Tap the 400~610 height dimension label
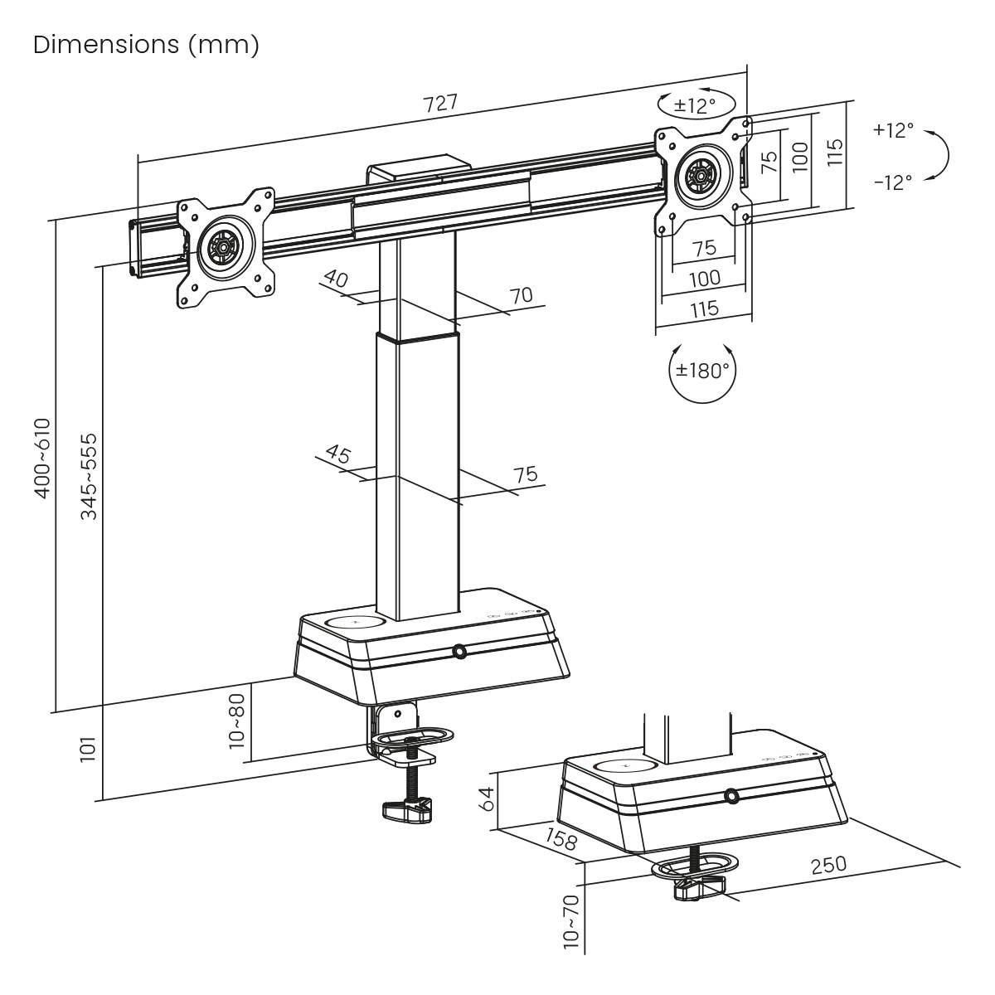tap(42, 458)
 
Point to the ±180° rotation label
tap(701, 370)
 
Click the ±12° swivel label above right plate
tap(694, 105)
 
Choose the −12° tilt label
tap(892, 182)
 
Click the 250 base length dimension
tap(828, 865)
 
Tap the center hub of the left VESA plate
tap(222, 246)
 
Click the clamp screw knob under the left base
tap(406, 809)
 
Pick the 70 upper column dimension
tap(521, 294)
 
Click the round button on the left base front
tap(459, 653)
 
